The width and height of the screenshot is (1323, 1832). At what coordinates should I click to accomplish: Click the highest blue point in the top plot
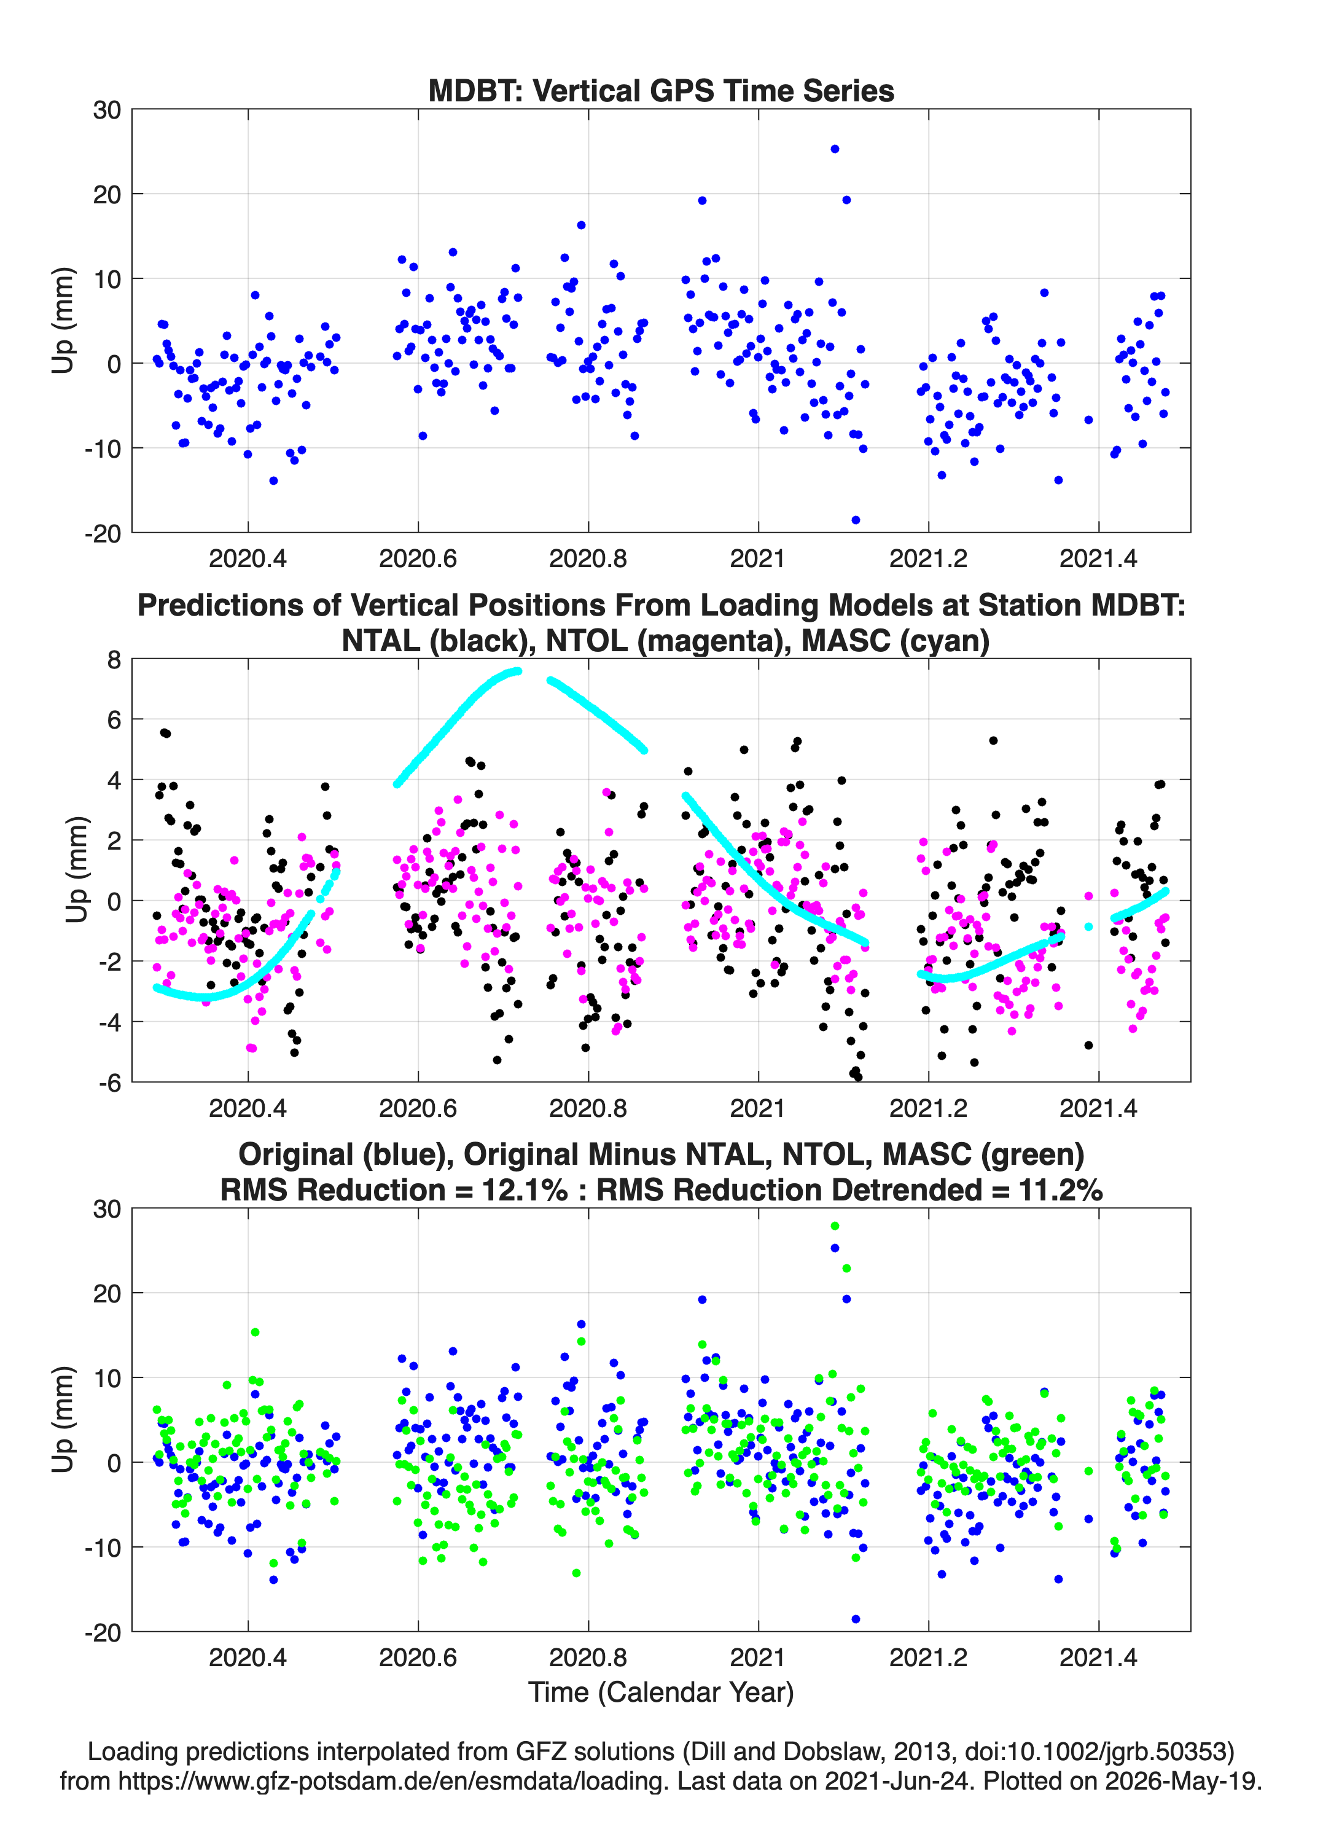click(834, 149)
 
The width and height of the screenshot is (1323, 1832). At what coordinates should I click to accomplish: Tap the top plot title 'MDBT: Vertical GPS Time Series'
click(661, 90)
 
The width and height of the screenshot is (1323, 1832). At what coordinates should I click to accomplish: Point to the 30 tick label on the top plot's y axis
click(107, 110)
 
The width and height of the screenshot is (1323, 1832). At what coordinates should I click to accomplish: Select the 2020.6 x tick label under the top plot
click(418, 558)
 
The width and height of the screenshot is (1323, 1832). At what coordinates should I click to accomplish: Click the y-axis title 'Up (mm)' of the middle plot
click(76, 870)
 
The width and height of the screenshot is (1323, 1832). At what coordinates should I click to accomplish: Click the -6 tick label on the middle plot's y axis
click(110, 1083)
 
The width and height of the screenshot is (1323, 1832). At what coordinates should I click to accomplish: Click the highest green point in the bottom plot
click(834, 1226)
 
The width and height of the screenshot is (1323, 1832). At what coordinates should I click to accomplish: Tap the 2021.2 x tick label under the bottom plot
click(928, 1658)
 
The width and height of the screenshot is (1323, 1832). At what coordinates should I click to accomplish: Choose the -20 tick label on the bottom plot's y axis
click(103, 1632)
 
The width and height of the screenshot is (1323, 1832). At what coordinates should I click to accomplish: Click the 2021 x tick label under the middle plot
click(757, 1108)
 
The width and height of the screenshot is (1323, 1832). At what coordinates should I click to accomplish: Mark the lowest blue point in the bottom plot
click(856, 1619)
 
